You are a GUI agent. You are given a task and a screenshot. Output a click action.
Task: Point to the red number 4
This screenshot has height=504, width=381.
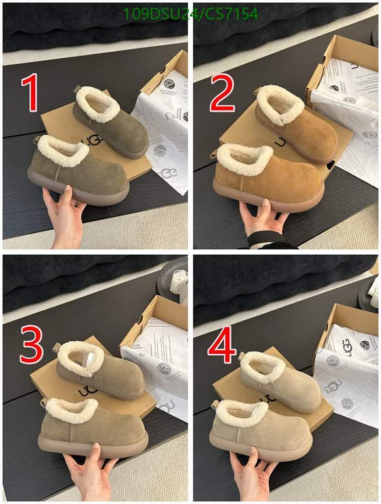point(222,346)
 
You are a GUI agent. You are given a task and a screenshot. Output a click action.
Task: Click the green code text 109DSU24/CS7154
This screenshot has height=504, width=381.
point(190,14)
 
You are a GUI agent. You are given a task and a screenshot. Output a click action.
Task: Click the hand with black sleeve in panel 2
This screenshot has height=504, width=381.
point(264,219)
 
